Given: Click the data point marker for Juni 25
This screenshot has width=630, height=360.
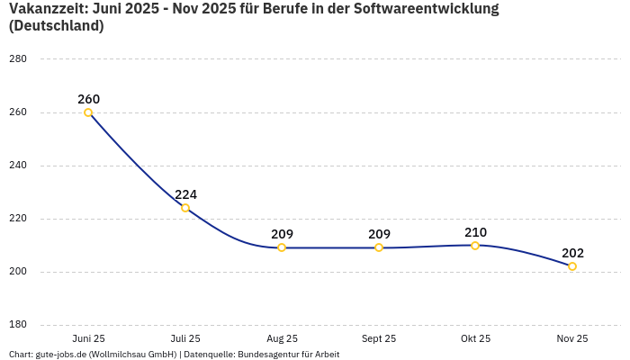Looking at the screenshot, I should pyautogui.click(x=88, y=112).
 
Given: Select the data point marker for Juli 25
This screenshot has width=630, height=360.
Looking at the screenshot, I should pyautogui.click(x=185, y=208).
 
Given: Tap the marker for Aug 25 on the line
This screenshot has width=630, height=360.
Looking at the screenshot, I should pyautogui.click(x=282, y=247).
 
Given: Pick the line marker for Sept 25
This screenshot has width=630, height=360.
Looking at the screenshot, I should pyautogui.click(x=379, y=247).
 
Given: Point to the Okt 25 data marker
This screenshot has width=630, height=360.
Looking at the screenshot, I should pyautogui.click(x=475, y=246).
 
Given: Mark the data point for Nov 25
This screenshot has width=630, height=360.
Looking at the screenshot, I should pyautogui.click(x=572, y=266).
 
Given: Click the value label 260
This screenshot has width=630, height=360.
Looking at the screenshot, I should pyautogui.click(x=88, y=99).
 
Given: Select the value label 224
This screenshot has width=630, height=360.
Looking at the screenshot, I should pyautogui.click(x=185, y=194).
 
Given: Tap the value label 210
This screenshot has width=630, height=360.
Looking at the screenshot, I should pyautogui.click(x=475, y=232).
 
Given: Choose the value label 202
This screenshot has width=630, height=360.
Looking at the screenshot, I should pyautogui.click(x=572, y=253).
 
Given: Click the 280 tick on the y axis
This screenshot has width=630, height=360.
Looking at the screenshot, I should pyautogui.click(x=18, y=59).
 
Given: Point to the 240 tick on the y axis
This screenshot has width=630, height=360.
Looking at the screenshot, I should pyautogui.click(x=18, y=166).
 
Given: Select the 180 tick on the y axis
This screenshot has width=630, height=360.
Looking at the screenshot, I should pyautogui.click(x=18, y=325).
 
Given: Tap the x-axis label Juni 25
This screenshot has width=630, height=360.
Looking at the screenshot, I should pyautogui.click(x=88, y=338).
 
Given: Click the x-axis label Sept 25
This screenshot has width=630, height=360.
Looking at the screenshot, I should pyautogui.click(x=379, y=338).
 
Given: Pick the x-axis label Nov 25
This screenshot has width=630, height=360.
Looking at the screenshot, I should pyautogui.click(x=572, y=338).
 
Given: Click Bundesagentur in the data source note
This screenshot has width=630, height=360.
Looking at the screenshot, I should pyautogui.click(x=271, y=354).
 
